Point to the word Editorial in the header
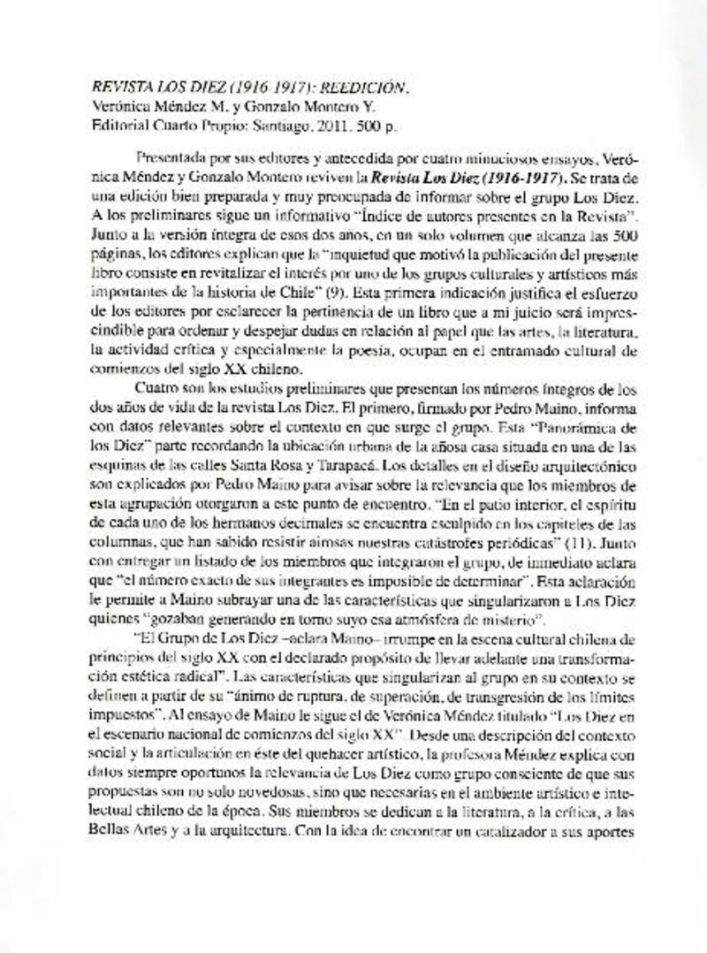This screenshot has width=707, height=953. [120, 126]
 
